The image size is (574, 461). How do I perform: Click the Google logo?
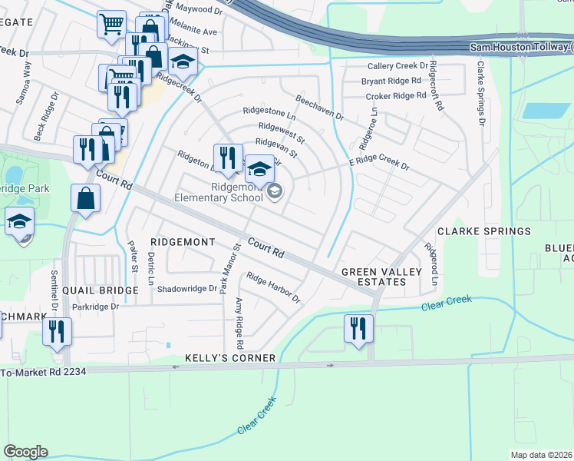tap(25, 452)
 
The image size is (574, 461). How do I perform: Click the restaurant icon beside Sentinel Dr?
tap(58, 331)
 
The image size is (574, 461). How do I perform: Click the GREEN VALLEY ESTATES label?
tap(373, 277)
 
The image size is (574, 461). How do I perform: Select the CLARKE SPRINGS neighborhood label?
tap(483, 231)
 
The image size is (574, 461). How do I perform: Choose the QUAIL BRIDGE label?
tap(94, 290)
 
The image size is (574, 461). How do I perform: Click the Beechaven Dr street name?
tap(319, 108)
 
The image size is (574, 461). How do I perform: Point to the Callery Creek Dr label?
tap(396, 67)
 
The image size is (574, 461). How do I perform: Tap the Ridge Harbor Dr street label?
tap(272, 287)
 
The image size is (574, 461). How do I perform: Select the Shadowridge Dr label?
tap(187, 289)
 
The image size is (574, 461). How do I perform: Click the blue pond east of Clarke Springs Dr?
tap(546, 110)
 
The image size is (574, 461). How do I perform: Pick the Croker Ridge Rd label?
tap(395, 96)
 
